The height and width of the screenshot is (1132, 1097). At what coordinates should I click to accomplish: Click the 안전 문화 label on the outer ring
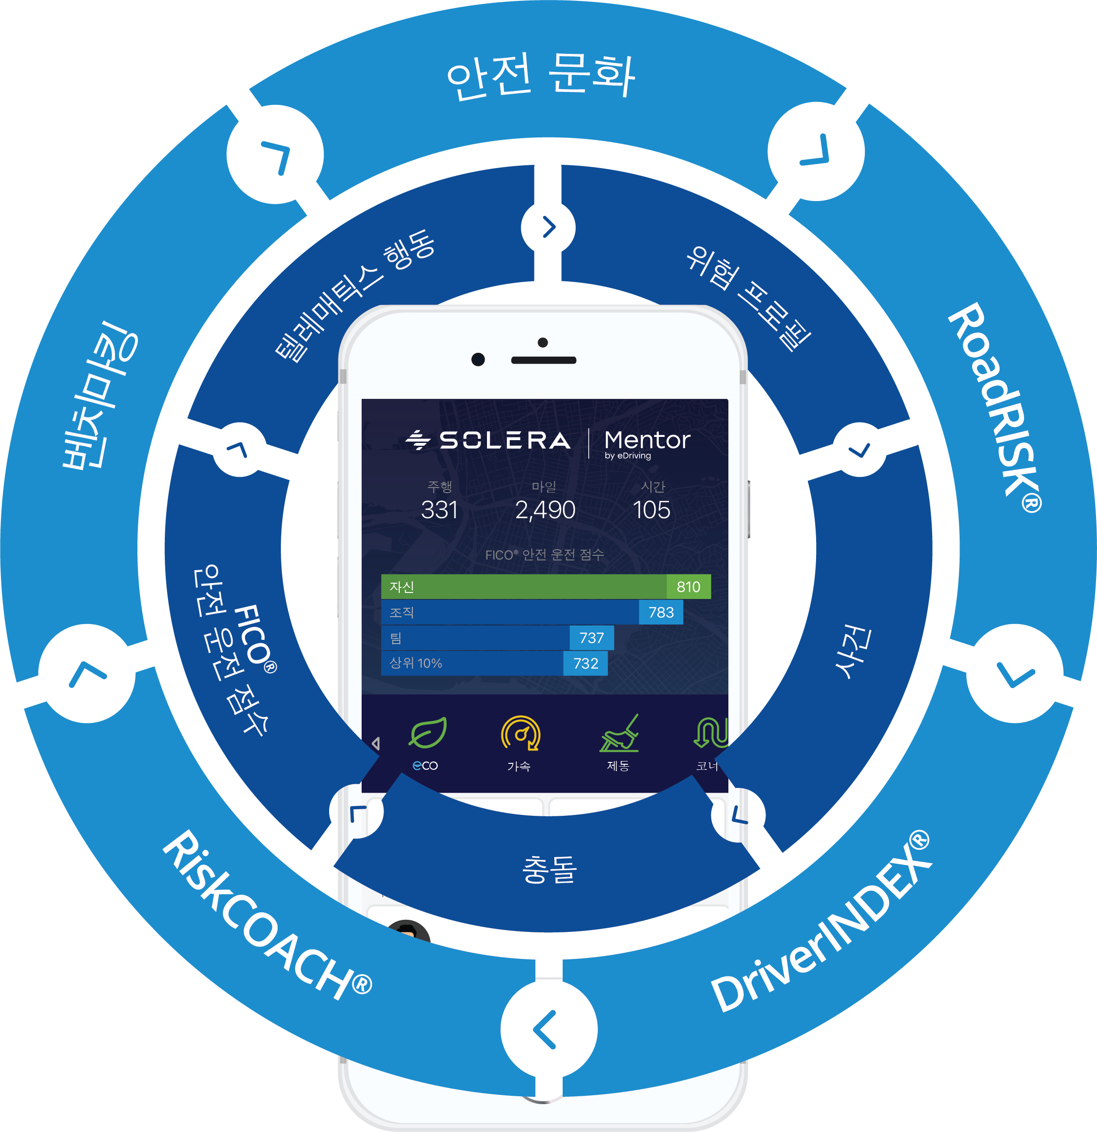pyautogui.click(x=541, y=76)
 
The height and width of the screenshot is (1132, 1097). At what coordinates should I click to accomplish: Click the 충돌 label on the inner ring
pyautogui.click(x=549, y=869)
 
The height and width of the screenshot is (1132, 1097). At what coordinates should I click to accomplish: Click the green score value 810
pyautogui.click(x=688, y=587)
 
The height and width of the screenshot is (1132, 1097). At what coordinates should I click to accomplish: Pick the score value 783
pyautogui.click(x=661, y=612)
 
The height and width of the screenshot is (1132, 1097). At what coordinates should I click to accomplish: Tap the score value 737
pyautogui.click(x=592, y=638)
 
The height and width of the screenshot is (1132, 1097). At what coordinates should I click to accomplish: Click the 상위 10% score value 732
pyautogui.click(x=585, y=663)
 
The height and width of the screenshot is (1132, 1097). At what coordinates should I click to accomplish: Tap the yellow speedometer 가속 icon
pyautogui.click(x=520, y=734)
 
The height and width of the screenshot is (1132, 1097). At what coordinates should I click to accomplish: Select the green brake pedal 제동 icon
pyautogui.click(x=619, y=734)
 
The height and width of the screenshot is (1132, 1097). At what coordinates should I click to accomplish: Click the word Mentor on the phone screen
pyautogui.click(x=647, y=440)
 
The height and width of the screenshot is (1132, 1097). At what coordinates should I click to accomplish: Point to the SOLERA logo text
pyautogui.click(x=505, y=441)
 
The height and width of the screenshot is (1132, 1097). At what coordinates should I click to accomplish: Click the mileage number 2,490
pyautogui.click(x=545, y=510)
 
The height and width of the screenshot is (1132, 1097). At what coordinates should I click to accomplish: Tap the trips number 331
pyautogui.click(x=439, y=510)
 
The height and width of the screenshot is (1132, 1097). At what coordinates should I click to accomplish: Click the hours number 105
pyautogui.click(x=651, y=510)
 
